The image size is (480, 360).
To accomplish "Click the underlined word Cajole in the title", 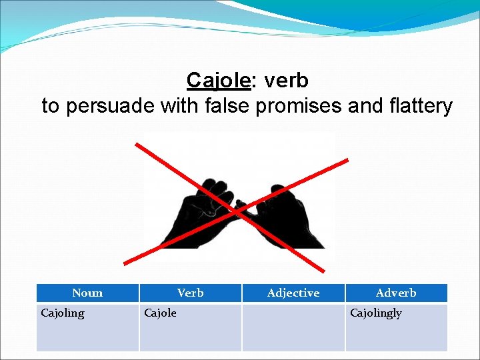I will [218, 81].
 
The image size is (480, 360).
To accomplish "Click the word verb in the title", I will [286, 81].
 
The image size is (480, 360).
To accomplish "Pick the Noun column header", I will [87, 293].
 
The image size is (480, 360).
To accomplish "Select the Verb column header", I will [190, 293].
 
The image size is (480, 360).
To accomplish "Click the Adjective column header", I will [293, 293].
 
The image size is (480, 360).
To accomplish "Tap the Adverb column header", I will [396, 293].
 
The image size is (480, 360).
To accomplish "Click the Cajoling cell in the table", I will [63, 313].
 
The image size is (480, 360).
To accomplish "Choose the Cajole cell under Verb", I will [161, 313].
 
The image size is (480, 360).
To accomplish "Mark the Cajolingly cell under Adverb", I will [376, 313].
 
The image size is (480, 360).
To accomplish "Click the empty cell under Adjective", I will [293, 327].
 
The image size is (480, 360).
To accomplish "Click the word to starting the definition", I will [50, 106].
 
